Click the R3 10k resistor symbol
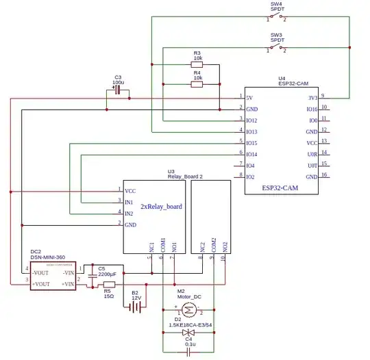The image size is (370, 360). pyautogui.click(x=197, y=65)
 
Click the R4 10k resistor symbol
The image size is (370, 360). pyautogui.click(x=197, y=85)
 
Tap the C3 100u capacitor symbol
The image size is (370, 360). pyautogui.click(x=118, y=89)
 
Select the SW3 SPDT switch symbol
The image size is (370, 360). pyautogui.click(x=276, y=49)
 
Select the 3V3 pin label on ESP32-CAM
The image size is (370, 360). pyautogui.click(x=312, y=98)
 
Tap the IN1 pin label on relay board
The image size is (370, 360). pyautogui.click(x=129, y=202)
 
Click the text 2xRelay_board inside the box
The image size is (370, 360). pyautogui.click(x=161, y=206)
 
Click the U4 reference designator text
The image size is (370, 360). pyautogui.click(x=281, y=79)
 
